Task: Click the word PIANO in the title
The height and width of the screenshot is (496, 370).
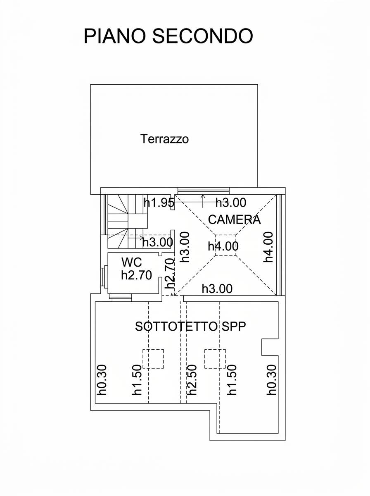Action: point(114,36)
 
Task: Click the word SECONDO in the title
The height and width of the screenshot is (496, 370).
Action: point(202,36)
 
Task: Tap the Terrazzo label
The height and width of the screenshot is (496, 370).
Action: point(164,139)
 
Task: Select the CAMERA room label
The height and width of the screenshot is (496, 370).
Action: point(234,219)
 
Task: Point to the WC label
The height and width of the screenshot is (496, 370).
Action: point(132,262)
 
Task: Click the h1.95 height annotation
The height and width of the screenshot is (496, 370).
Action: point(159,203)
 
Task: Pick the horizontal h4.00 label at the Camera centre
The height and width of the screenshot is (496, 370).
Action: point(223,246)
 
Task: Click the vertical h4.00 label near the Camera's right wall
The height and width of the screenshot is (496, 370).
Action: point(268,247)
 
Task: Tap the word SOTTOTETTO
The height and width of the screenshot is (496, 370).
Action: point(176,327)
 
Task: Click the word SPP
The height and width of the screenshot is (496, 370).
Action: point(234,327)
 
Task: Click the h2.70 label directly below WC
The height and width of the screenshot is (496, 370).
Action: point(136,275)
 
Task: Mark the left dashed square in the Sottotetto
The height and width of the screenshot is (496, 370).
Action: point(153,359)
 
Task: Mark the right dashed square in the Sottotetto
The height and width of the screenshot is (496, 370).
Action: point(215,359)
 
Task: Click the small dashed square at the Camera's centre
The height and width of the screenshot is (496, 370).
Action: point(225,245)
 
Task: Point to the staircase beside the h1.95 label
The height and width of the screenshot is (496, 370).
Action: point(128,221)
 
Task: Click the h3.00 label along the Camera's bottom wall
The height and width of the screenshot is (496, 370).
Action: point(217,289)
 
